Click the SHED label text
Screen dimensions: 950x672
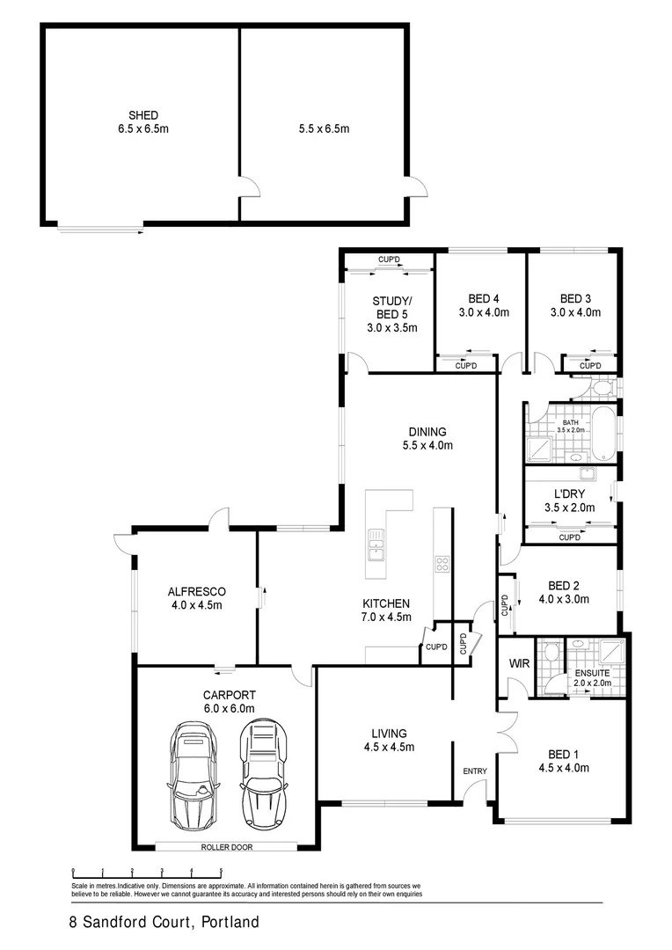click(x=142, y=115)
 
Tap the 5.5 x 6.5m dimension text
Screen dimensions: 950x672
click(x=324, y=128)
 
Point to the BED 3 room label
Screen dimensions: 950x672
click(x=575, y=297)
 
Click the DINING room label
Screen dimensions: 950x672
click(x=427, y=432)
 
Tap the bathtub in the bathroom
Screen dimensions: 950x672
click(x=603, y=434)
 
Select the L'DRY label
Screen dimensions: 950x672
click(x=570, y=494)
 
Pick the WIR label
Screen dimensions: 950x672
click(x=517, y=664)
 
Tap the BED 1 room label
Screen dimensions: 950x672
click(x=564, y=754)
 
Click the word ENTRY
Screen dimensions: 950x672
click(x=475, y=771)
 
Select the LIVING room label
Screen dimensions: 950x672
click(x=388, y=734)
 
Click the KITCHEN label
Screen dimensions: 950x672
click(x=386, y=603)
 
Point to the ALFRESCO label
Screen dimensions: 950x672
click(x=197, y=591)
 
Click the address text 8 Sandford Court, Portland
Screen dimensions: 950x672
click(x=164, y=924)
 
